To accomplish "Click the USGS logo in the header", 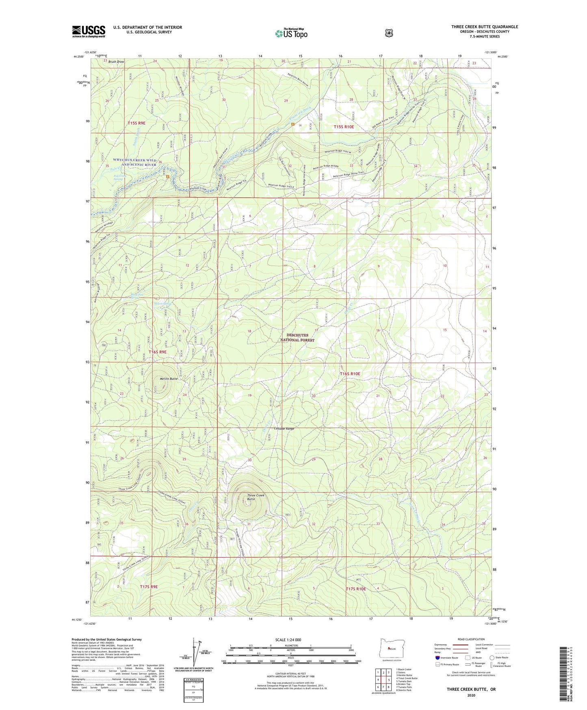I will pos(89,31).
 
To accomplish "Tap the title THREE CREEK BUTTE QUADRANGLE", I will pos(484,27).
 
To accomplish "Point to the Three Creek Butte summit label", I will pos(256,497).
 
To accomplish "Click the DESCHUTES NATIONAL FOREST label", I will pos(297,338).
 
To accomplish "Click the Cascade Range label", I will pos(284,429).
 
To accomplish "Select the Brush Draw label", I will pos(116,62).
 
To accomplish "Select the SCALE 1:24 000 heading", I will pos(288,640).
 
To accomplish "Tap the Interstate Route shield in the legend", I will pos(437,657).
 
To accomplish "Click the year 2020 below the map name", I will pos(471,695).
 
